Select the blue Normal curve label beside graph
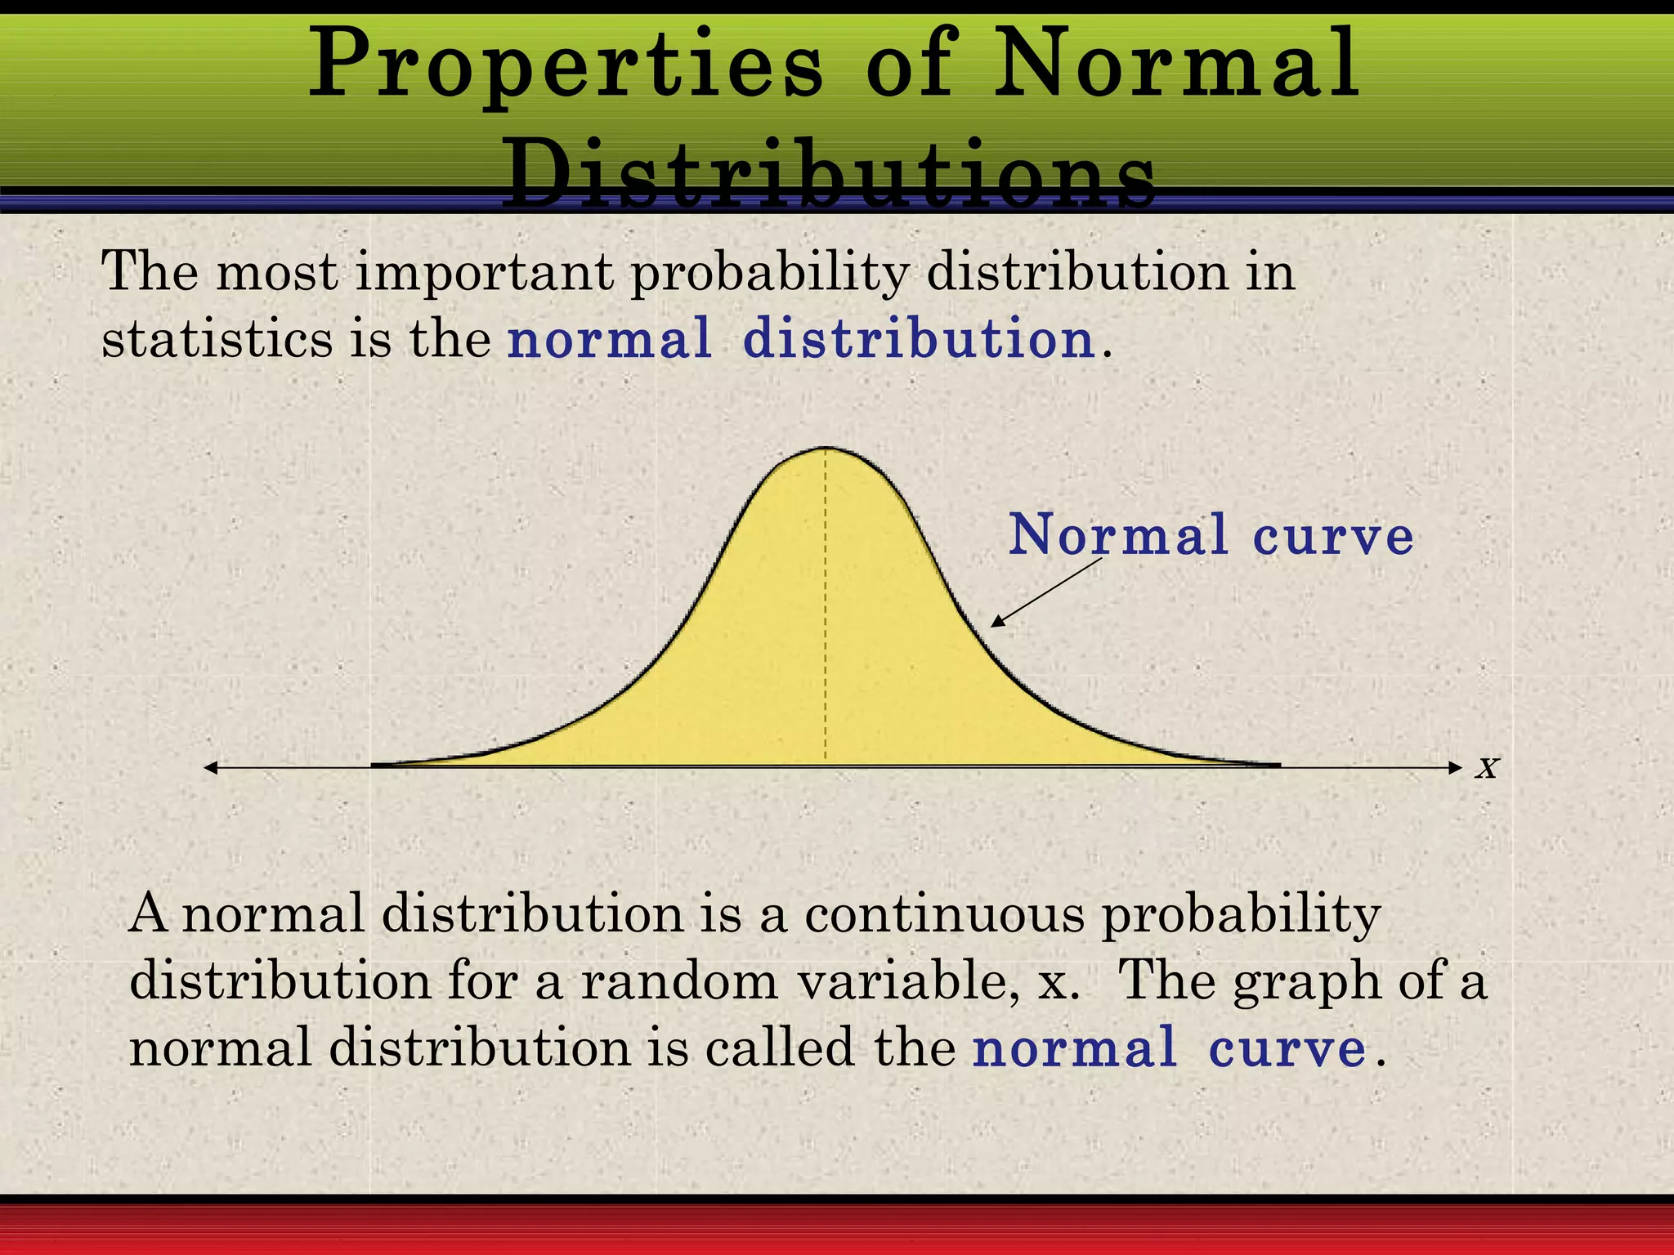pos(1211,536)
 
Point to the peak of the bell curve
pos(826,449)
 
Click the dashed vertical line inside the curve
pos(826,613)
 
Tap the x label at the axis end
pos(1487,767)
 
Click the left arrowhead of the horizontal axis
pos(211,767)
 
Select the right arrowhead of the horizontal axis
pos(1455,767)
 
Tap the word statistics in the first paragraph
pos(217,339)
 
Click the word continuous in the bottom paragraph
pos(945,915)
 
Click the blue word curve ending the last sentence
pos(1287,1049)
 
